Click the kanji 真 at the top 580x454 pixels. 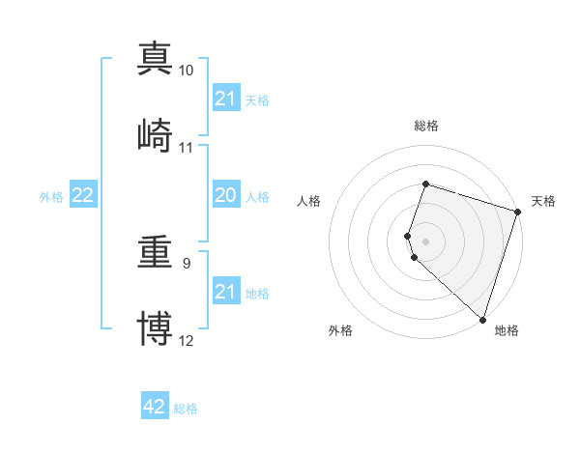click(155, 58)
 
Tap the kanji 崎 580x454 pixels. click(155, 134)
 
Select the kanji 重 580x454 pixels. click(155, 250)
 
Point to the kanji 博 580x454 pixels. click(155, 327)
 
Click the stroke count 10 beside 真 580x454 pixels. click(187, 71)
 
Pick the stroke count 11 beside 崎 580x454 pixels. click(187, 148)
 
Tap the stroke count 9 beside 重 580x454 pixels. click(187, 262)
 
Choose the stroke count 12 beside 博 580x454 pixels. click(187, 341)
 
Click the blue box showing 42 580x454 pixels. click(155, 407)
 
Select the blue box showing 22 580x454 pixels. click(83, 195)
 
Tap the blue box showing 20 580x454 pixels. click(225, 195)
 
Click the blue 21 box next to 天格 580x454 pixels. click(225, 99)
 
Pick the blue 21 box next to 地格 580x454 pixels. click(225, 292)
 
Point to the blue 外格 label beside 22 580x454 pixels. click(51, 197)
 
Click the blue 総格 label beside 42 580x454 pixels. click(186, 410)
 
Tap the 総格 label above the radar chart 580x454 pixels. click(426, 126)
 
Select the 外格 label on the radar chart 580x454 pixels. click(340, 330)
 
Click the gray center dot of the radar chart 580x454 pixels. click(426, 241)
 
